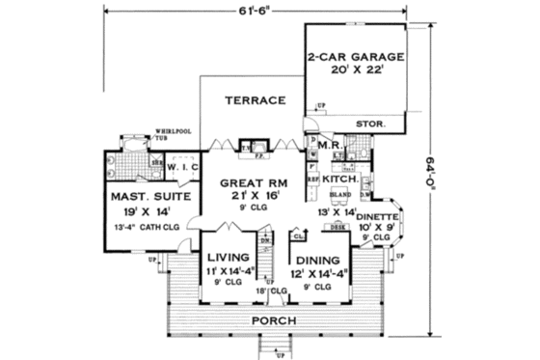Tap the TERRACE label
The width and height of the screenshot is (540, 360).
click(x=254, y=100)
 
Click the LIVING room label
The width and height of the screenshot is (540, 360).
click(x=229, y=258)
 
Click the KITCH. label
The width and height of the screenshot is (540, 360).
click(x=339, y=180)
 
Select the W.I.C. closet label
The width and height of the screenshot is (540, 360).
click(x=180, y=167)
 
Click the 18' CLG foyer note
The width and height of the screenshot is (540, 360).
click(x=267, y=290)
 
